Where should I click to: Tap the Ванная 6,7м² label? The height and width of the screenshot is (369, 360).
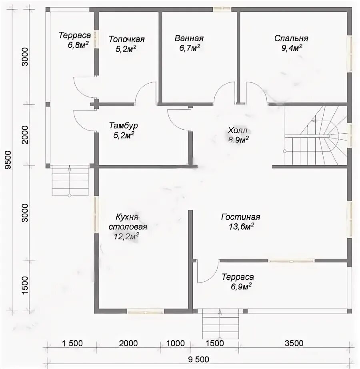(x=189, y=43)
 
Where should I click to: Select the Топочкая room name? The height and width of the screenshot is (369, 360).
(x=126, y=39)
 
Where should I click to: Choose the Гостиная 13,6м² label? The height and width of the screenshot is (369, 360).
(x=240, y=221)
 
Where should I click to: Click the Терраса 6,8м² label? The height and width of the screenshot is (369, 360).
(x=75, y=40)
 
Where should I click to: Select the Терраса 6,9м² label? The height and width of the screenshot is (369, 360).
(x=238, y=282)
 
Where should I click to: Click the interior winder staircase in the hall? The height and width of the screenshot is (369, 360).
(x=316, y=136)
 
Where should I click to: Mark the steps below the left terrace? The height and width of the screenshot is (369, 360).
(x=70, y=180)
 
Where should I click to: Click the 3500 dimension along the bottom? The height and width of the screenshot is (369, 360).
(x=294, y=343)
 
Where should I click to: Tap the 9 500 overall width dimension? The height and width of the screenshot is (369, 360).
(x=198, y=359)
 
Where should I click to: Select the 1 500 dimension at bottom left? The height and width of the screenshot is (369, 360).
(x=72, y=343)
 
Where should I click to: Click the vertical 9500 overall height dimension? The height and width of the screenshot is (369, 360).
(x=8, y=160)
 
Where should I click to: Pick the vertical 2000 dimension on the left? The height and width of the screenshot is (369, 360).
(x=25, y=135)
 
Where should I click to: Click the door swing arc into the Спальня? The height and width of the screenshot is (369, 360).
(x=257, y=92)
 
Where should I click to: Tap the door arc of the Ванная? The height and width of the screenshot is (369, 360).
(x=224, y=93)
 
